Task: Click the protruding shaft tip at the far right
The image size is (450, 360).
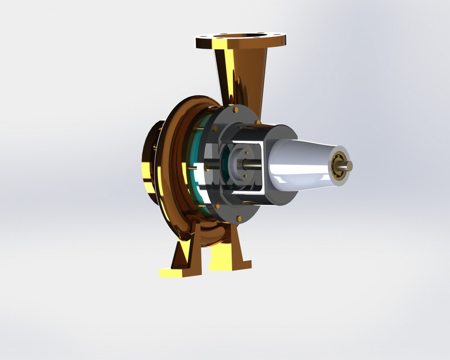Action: pyautogui.click(x=349, y=166)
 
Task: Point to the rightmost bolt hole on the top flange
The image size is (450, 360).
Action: pyautogui.click(x=278, y=40)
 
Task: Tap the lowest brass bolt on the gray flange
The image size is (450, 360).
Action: pyautogui.click(x=239, y=218)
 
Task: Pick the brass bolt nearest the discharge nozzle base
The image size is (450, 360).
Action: pyautogui.click(x=257, y=121)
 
